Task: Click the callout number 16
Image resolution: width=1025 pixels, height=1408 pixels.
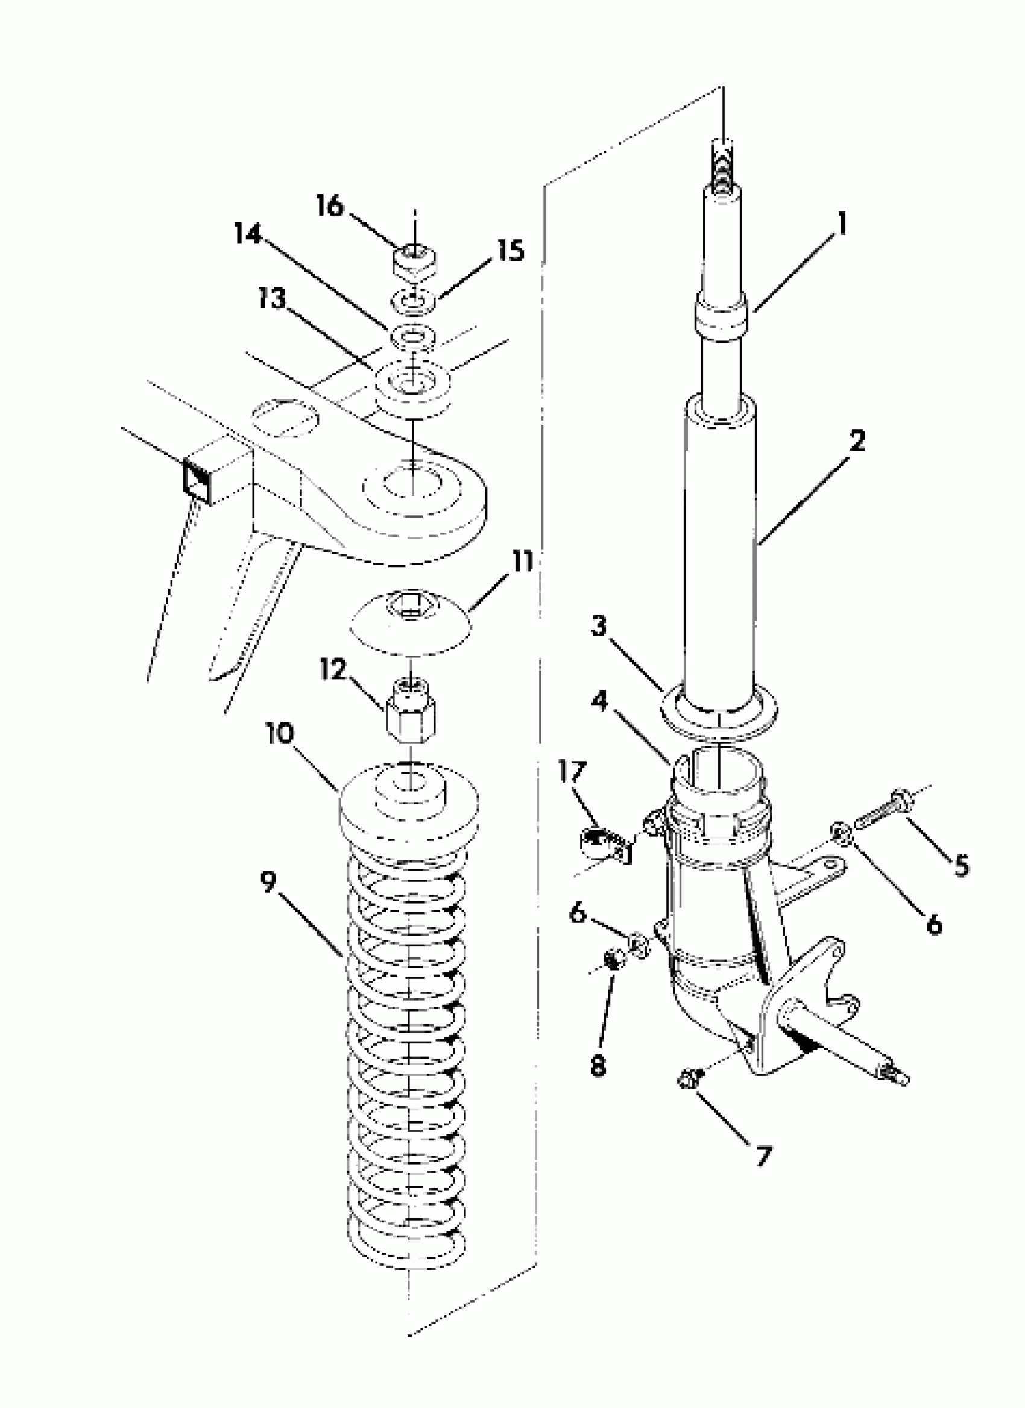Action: tap(329, 205)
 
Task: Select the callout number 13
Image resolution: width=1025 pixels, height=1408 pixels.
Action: tap(271, 299)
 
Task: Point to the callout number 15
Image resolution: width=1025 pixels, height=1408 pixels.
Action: tap(510, 250)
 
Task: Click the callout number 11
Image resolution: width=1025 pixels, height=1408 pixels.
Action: tap(522, 562)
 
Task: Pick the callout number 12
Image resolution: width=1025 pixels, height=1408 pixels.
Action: tap(333, 669)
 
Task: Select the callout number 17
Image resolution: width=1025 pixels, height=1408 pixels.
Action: tap(572, 772)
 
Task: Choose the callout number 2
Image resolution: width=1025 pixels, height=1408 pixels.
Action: tap(857, 442)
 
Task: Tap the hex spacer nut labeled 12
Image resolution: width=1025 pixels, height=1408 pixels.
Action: tap(411, 717)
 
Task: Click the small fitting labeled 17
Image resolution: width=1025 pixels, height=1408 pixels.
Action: tap(599, 843)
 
